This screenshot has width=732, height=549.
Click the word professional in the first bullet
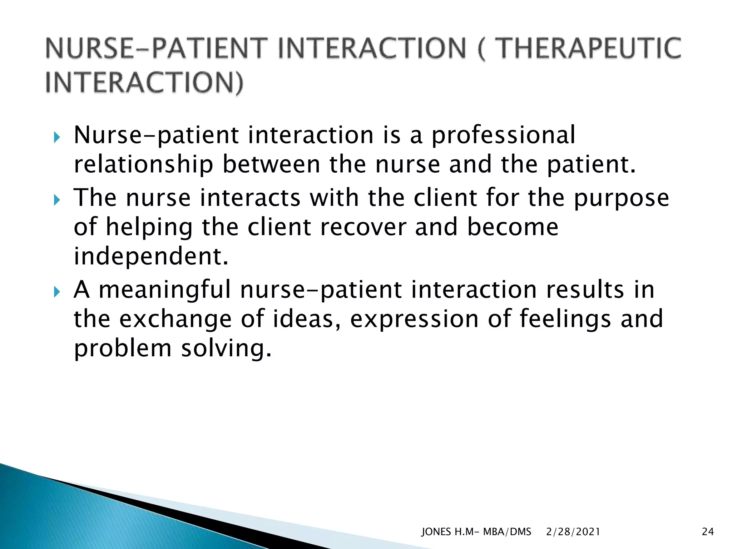pyautogui.click(x=503, y=136)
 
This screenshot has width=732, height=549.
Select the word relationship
pyautogui.click(x=143, y=165)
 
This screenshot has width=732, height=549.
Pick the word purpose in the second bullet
pyautogui.click(x=621, y=199)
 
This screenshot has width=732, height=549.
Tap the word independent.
pyautogui.click(x=150, y=256)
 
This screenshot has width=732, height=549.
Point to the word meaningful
pyautogui.click(x=164, y=290)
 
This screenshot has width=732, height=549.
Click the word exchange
pyautogui.click(x=175, y=319)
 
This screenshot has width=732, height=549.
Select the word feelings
pyautogui.click(x=565, y=319)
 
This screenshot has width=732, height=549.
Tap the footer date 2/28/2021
pyautogui.click(x=573, y=532)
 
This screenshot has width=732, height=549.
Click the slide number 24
pyautogui.click(x=708, y=532)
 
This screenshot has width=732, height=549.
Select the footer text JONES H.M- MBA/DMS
pyautogui.click(x=476, y=532)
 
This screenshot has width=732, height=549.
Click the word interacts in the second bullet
pyautogui.click(x=250, y=198)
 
